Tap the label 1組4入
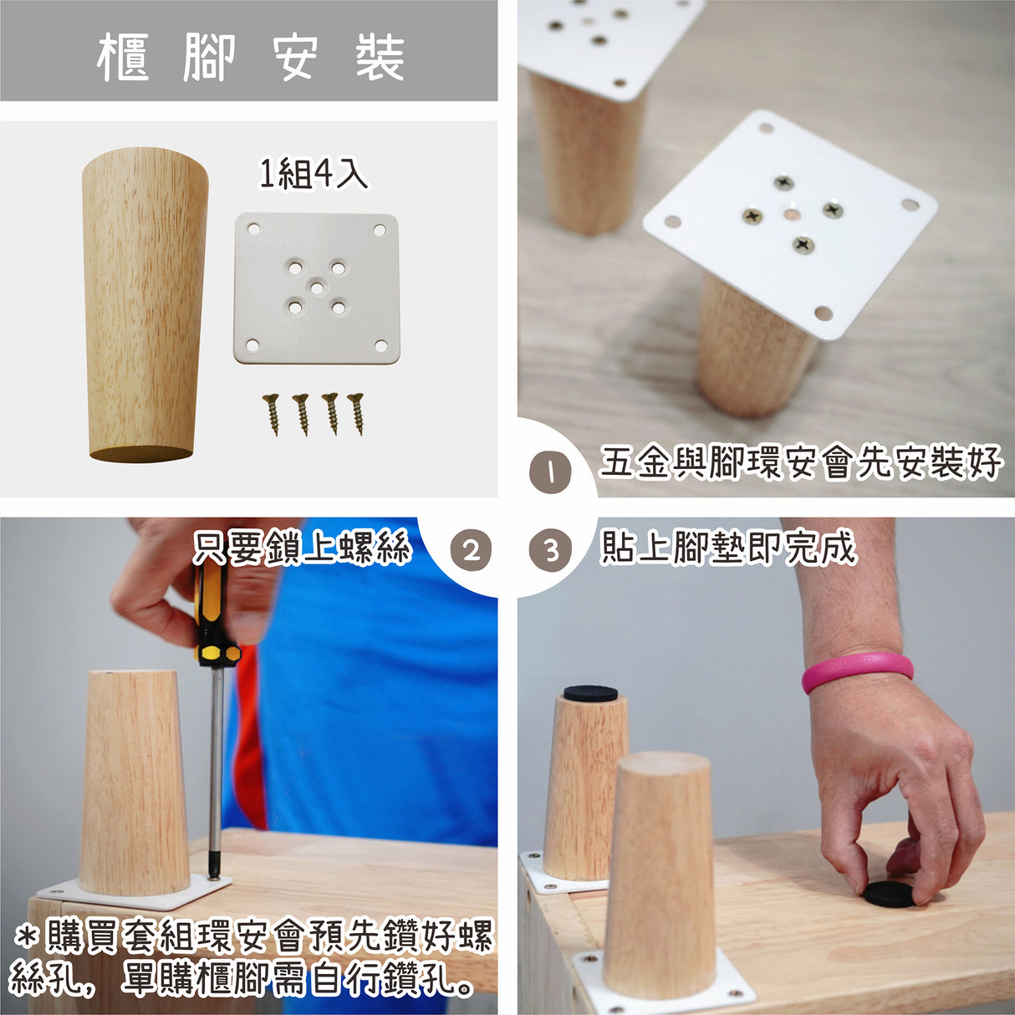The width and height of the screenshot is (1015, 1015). tap(313, 174)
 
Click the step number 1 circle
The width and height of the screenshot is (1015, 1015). tap(550, 472)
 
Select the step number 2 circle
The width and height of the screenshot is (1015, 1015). tap(471, 551)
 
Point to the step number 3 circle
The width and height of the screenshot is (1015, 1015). tap(550, 551)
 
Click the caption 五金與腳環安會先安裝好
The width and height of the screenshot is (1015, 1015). tap(799, 463)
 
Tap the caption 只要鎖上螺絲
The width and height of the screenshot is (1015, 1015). tap(302, 548)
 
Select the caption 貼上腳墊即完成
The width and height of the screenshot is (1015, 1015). tap(728, 548)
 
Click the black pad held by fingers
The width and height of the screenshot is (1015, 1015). tap(890, 894)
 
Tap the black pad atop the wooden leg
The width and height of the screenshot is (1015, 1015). tap(590, 693)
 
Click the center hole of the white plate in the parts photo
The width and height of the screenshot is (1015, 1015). tap(316, 288)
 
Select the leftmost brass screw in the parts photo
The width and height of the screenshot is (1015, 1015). tap(272, 415)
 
